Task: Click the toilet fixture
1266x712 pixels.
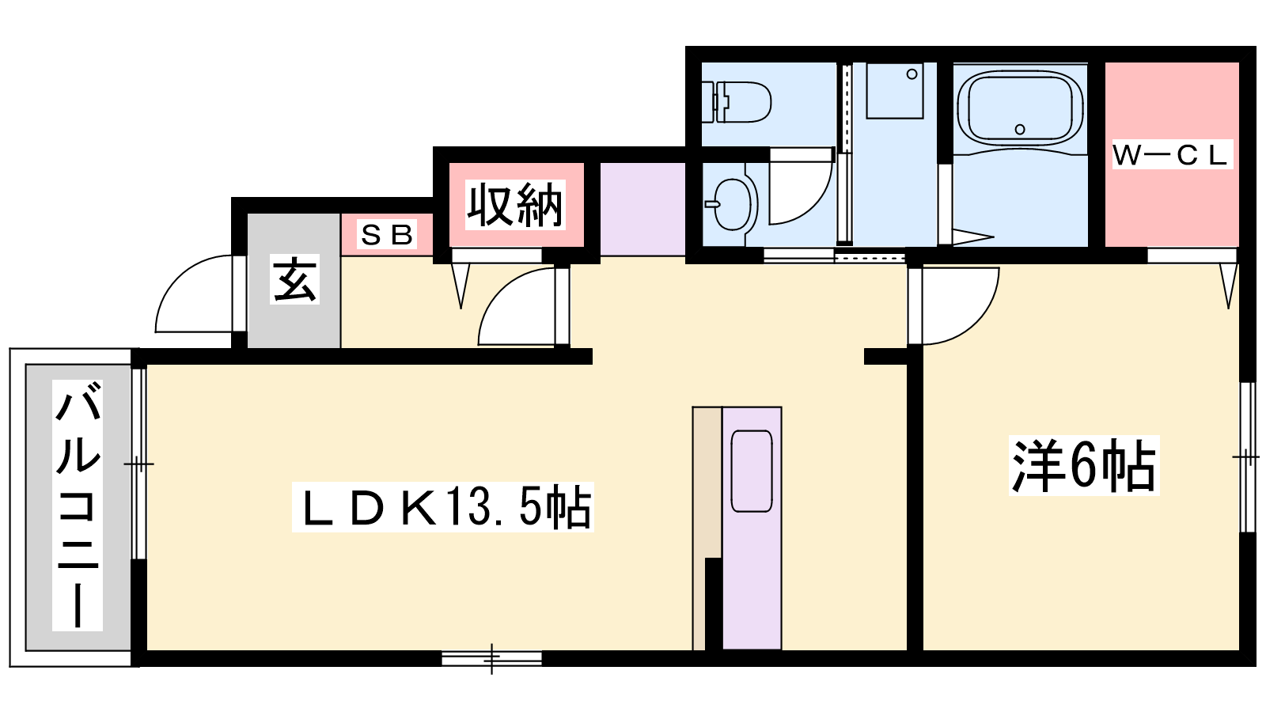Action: coord(737,102)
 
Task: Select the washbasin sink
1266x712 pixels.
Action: coord(731,204)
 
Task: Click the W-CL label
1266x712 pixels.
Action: coord(1172,155)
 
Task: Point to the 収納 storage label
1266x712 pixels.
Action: coord(515,205)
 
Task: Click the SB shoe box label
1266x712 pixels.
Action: coord(387,234)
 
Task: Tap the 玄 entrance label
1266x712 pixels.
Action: coord(294,279)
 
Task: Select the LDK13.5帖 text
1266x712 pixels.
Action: coord(442,507)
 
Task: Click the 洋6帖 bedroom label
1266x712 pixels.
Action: coord(1084,466)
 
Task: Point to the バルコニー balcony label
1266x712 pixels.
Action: coord(78,506)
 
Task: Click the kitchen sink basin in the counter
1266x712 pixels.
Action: coord(752,472)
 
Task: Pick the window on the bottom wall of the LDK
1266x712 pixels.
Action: coord(491,658)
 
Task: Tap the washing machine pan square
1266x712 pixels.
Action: coord(895,90)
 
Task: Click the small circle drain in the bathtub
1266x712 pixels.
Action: coord(1020,130)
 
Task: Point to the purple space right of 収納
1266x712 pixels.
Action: coord(642,209)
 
